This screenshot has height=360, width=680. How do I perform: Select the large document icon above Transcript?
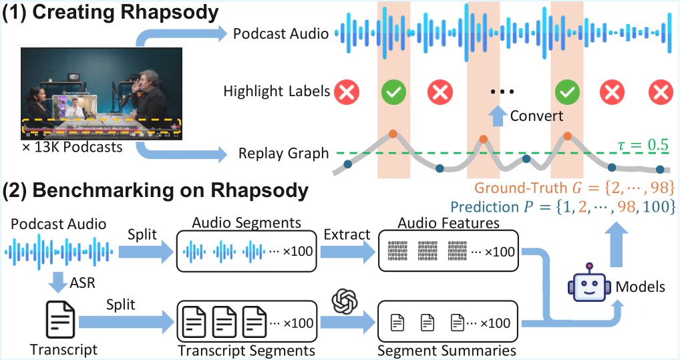[x=60, y=320]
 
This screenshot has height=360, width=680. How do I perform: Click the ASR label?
[x=82, y=283]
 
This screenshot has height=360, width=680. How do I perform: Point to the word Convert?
[x=536, y=116]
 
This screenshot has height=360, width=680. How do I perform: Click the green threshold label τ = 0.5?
[x=643, y=144]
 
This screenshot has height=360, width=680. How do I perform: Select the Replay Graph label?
[x=284, y=154]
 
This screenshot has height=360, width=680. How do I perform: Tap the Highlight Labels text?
[x=277, y=91]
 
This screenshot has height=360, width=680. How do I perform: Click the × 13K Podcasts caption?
[x=72, y=148]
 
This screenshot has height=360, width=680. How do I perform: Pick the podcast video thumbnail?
[x=102, y=94]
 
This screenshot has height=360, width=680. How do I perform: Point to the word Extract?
[x=347, y=234]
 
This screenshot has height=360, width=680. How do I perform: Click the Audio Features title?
[x=448, y=223]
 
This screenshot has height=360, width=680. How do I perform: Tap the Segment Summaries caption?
[x=447, y=351]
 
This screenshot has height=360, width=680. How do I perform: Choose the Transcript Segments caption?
[x=246, y=351]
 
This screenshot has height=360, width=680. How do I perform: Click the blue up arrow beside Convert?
[x=498, y=116]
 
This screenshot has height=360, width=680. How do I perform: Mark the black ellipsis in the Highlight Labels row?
[x=502, y=92]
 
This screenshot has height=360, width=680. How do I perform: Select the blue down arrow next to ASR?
[x=57, y=283]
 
